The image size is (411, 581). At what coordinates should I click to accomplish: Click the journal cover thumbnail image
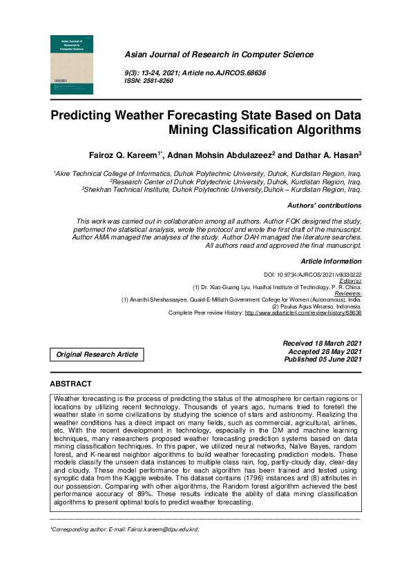[73, 64]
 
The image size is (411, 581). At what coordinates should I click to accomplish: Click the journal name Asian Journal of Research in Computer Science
[218, 55]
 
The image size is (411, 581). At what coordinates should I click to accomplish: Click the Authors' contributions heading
[324, 206]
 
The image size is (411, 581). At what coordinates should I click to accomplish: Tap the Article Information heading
[331, 262]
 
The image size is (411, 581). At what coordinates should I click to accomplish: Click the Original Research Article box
[97, 355]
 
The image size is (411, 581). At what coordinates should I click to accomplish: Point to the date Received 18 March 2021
[322, 343]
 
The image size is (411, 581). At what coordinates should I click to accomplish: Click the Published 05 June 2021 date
[323, 360]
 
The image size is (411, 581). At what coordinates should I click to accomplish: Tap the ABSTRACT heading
[70, 384]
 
